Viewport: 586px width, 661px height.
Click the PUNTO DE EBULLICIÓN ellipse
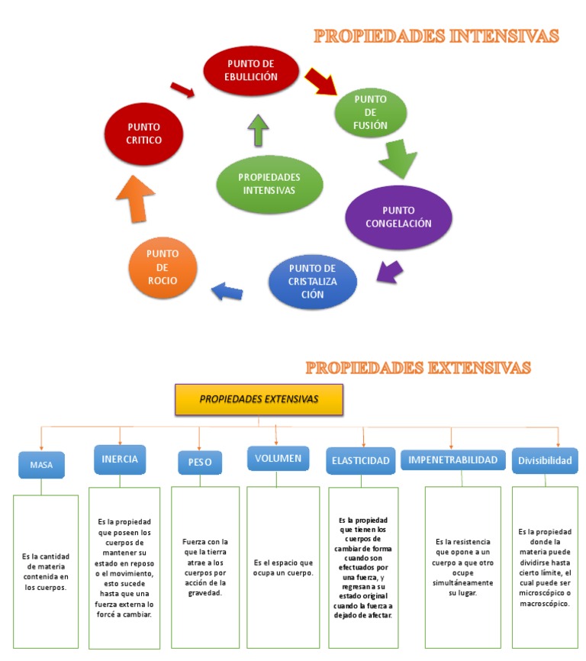(251, 69)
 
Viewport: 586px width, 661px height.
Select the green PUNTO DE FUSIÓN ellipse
(370, 112)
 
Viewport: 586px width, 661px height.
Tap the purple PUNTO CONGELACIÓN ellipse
(398, 218)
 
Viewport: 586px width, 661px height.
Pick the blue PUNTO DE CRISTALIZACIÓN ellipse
(313, 282)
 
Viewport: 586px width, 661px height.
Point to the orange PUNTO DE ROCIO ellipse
(163, 268)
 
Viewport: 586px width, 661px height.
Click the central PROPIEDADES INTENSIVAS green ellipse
(269, 183)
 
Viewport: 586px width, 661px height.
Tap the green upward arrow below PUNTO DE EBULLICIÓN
(258, 131)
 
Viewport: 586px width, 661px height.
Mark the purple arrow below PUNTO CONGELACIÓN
(391, 271)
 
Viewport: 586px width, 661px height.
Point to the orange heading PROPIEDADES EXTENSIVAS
(417, 368)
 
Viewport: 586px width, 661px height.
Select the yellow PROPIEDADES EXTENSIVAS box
(259, 399)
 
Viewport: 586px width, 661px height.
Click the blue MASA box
(41, 464)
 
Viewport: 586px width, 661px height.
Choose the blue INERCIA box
(120, 459)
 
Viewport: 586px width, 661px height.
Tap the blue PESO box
(200, 463)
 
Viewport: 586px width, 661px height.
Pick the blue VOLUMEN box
(278, 459)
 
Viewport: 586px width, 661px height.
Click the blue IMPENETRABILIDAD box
(453, 459)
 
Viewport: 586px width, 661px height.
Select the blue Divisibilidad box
(545, 460)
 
